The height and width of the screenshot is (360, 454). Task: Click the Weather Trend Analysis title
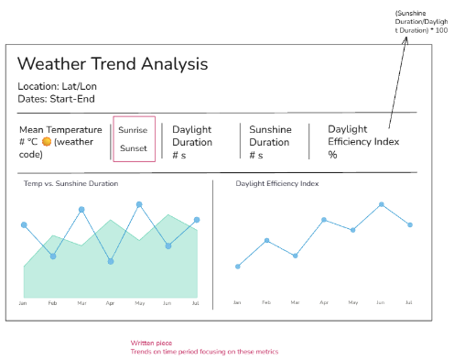point(113,64)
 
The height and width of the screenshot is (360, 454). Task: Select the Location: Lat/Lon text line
point(57,86)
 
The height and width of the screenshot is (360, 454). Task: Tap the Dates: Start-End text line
point(56,99)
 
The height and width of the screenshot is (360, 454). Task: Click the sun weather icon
point(47,142)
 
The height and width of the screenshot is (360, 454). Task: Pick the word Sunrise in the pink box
point(133,130)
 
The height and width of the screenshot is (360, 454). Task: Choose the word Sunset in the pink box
point(134,148)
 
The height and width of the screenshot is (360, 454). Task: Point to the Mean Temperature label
point(60,130)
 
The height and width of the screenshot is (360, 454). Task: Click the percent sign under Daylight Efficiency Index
point(332,155)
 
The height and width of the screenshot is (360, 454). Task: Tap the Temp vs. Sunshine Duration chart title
point(70,183)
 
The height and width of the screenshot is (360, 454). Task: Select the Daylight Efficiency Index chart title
point(277,183)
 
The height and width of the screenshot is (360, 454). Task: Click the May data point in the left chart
point(139,204)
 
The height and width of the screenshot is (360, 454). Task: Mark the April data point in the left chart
point(111,261)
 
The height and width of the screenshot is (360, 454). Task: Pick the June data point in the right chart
point(382,204)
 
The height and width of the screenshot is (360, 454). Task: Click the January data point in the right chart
point(238,267)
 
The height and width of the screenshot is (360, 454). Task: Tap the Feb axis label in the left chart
point(52,303)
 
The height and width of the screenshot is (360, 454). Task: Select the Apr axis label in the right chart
point(324,302)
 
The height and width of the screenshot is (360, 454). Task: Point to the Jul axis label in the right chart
point(409,302)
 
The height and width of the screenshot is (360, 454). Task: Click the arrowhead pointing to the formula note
point(405,40)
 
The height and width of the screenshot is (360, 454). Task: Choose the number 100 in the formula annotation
point(441,30)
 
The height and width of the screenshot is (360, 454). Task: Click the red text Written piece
point(151,343)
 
